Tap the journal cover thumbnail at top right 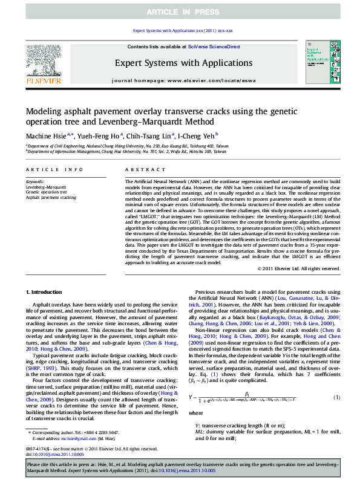(x=319, y=63)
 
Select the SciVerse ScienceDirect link (x=214, y=47)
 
